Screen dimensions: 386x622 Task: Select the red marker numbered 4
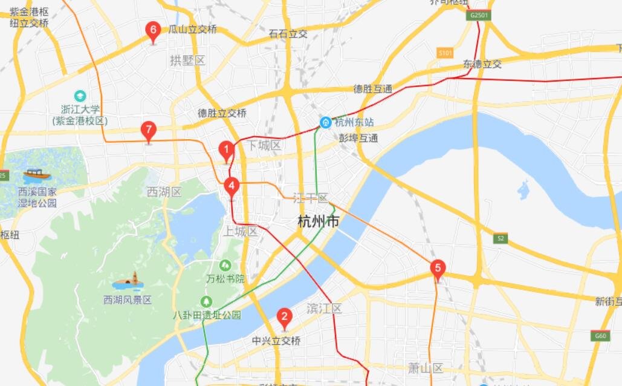point(232,186)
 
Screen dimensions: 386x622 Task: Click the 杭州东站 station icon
point(325,122)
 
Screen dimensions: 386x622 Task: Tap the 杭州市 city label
point(318,221)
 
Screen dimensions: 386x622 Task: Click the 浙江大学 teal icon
point(80,96)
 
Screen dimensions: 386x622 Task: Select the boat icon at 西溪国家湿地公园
point(37,175)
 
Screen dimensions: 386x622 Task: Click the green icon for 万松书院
point(225,265)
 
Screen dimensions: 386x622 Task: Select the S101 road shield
point(445,53)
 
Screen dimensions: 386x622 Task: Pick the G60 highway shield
point(600,336)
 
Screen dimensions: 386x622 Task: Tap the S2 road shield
point(500,238)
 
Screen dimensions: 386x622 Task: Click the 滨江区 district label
point(324,309)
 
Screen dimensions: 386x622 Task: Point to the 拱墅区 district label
point(188,60)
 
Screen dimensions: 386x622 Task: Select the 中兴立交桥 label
point(276,341)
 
